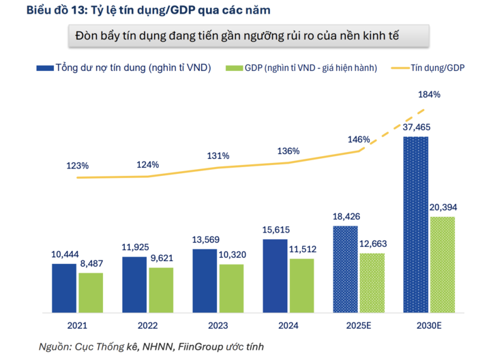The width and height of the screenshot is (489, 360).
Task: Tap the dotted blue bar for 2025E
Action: pyautogui.click(x=345, y=269)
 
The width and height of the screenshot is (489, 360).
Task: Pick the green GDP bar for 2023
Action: pyautogui.click(x=231, y=288)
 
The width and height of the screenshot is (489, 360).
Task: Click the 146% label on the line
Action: pyautogui.click(x=358, y=139)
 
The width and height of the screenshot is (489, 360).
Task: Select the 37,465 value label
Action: pyautogui.click(x=416, y=127)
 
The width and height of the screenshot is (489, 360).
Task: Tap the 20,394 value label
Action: pyautogui.click(x=443, y=207)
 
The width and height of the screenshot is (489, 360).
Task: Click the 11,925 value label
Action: pyautogui.click(x=134, y=248)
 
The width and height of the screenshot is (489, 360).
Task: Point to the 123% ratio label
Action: pyautogui.click(x=78, y=166)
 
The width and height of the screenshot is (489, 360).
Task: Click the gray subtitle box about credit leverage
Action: pyautogui.click(x=250, y=35)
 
